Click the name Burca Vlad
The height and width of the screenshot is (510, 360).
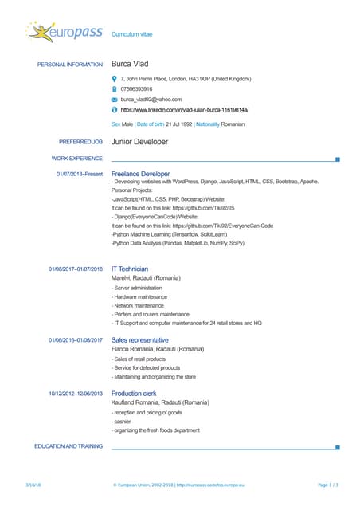click(x=130, y=64)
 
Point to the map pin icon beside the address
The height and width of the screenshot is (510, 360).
click(x=115, y=80)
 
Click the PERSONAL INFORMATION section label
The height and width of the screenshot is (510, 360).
click(x=70, y=65)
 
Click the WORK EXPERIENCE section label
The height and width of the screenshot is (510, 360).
click(x=76, y=159)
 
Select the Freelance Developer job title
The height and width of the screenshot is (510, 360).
click(x=141, y=173)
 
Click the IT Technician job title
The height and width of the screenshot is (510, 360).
click(x=130, y=269)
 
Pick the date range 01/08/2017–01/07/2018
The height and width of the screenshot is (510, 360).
click(x=76, y=269)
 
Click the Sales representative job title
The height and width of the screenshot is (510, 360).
click(x=140, y=340)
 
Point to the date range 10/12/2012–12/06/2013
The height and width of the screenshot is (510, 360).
click(x=76, y=394)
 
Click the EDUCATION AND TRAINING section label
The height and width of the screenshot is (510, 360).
click(x=68, y=446)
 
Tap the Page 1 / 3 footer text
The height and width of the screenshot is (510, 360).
click(x=328, y=484)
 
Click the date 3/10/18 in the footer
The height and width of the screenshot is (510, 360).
click(x=33, y=484)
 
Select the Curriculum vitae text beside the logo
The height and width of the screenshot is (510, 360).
click(x=132, y=35)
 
